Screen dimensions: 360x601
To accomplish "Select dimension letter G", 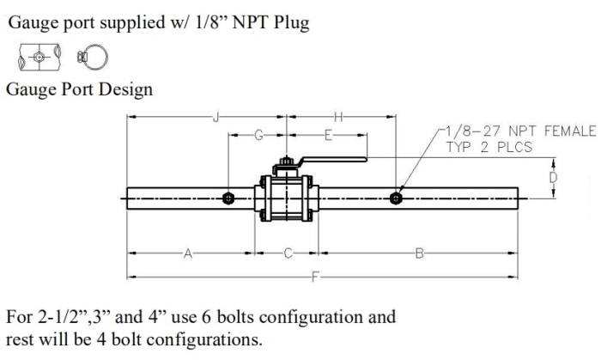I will [x=258, y=134].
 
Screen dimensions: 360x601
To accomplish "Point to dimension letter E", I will [x=328, y=134].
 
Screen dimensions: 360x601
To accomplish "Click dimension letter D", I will [x=553, y=177].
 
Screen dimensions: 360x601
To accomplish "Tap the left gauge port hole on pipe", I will [x=228, y=199].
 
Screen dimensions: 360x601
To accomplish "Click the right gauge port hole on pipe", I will [x=395, y=198].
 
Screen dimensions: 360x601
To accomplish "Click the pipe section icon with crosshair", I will [x=35, y=58].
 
